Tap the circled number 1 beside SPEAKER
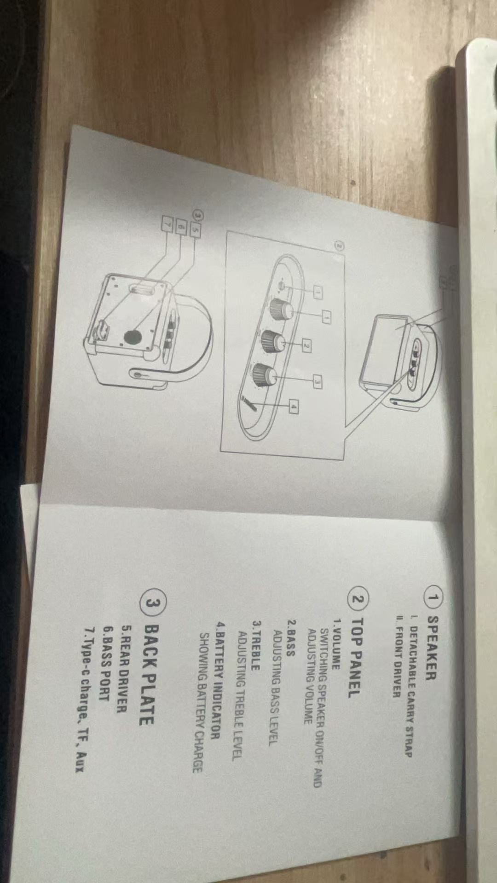[433, 598]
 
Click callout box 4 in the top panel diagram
[293, 406]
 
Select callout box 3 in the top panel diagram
[317, 381]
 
